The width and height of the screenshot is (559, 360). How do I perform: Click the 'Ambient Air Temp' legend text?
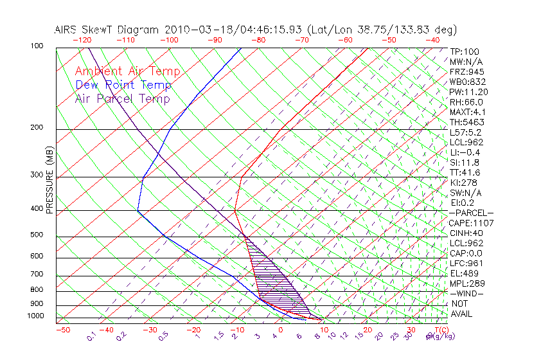(x=127, y=71)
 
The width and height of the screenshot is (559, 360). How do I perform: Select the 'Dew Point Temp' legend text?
(x=123, y=85)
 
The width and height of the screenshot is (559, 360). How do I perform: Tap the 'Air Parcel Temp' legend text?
(x=122, y=98)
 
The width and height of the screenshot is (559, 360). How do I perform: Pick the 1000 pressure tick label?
(x=36, y=316)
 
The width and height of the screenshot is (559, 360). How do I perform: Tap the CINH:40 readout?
(x=467, y=233)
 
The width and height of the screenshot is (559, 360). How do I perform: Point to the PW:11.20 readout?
(x=469, y=92)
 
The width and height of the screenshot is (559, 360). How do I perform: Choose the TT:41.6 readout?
(x=465, y=172)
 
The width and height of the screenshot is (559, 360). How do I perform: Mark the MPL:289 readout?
(x=467, y=283)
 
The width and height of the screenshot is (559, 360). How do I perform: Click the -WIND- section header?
(x=467, y=293)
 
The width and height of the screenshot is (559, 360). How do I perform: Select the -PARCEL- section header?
(x=472, y=213)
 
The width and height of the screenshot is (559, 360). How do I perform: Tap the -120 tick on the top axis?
(x=82, y=40)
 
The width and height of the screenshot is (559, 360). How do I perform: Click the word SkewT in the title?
(x=121, y=30)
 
